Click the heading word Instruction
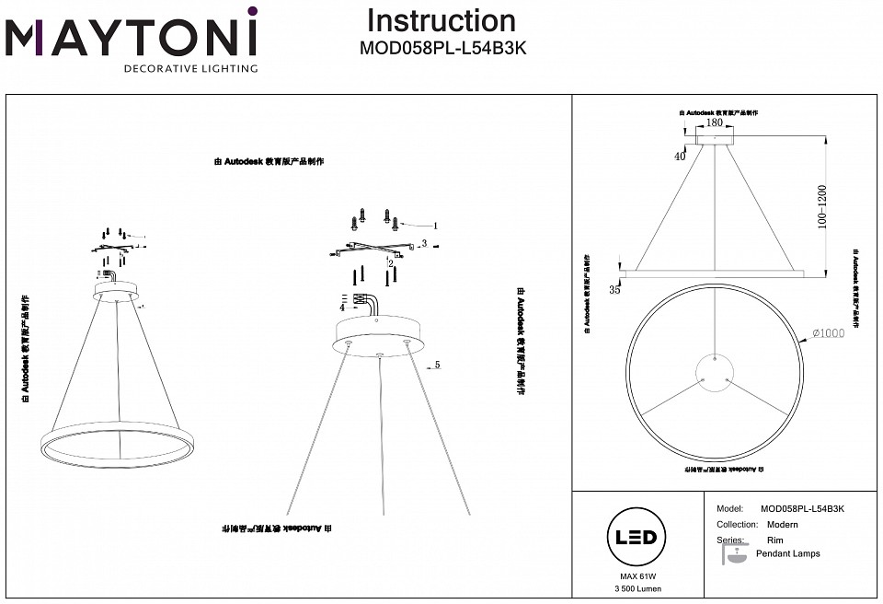[x=441, y=20]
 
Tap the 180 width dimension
[x=714, y=122]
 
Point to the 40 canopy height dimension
[x=681, y=157]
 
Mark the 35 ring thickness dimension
[x=615, y=291]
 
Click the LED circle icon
[x=634, y=537]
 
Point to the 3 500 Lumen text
[x=634, y=588]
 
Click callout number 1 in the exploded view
[x=435, y=225]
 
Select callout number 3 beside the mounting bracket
[x=424, y=244]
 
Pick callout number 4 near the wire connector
[x=340, y=308]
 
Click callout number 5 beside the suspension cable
[x=437, y=365]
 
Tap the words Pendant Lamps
[x=787, y=553]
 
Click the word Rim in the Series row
[x=774, y=540]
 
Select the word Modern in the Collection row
[x=782, y=524]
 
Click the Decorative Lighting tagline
[x=190, y=68]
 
